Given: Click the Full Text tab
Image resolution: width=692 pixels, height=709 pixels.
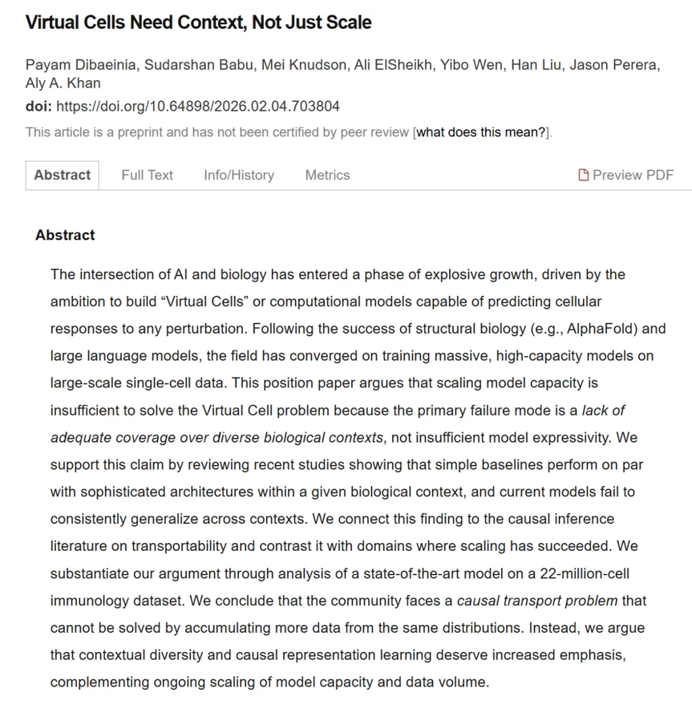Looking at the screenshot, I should (147, 175).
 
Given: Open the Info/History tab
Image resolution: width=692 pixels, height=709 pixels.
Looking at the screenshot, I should (238, 175).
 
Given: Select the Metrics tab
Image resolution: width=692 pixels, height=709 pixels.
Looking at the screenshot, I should (327, 175).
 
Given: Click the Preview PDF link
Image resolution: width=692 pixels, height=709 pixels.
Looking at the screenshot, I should (633, 175).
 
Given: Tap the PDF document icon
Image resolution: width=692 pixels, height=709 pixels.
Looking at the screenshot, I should (583, 175).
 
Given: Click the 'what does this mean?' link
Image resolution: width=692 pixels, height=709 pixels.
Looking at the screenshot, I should (482, 132).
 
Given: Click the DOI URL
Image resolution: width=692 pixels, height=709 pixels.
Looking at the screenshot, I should (198, 106).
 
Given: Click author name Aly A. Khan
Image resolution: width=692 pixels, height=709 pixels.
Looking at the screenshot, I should (63, 83).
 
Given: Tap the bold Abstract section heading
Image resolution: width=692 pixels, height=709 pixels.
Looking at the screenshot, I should (65, 235).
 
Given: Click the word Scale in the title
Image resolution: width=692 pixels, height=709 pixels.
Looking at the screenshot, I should (351, 23).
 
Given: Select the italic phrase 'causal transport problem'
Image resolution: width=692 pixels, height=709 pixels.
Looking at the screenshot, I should (537, 600).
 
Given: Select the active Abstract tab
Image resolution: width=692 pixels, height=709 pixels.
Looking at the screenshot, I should (62, 175).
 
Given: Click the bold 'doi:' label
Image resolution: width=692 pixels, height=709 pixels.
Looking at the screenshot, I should (39, 106).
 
